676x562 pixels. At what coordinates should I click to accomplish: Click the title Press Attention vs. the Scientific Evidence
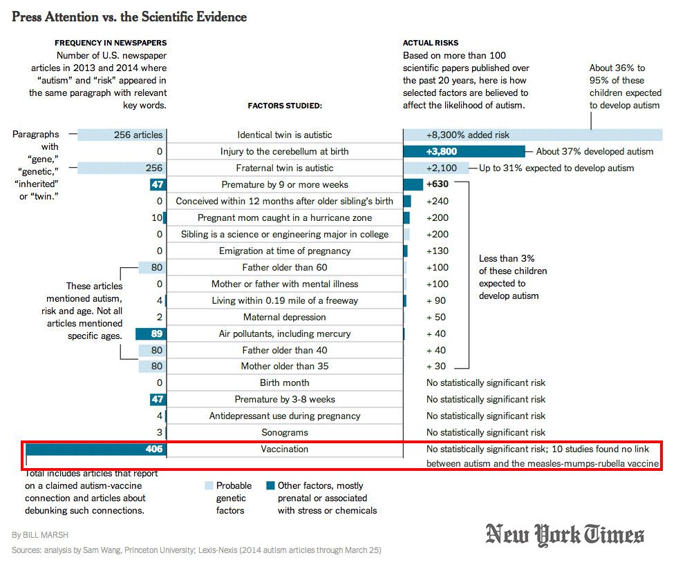coord(129,16)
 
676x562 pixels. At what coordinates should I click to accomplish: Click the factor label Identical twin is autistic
coord(285,135)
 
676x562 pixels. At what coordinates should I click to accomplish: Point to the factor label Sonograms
coord(285,432)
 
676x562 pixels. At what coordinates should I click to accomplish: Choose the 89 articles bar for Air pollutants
coord(151,333)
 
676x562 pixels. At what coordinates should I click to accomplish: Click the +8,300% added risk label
coord(459,135)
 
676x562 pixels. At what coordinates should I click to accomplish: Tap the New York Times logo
coord(565,535)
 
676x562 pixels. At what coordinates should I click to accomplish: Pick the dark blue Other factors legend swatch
coord(271,485)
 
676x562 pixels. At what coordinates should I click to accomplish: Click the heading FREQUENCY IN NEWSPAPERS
coord(111,43)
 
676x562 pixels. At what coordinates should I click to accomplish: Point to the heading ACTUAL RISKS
coord(431,43)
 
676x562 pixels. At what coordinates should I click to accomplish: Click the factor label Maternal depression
coord(285,317)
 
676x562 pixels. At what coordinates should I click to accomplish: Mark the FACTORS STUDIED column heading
coord(285,106)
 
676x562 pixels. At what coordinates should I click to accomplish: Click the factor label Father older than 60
coord(285,267)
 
